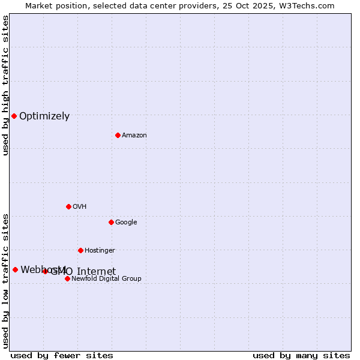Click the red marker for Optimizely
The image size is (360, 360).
point(14,116)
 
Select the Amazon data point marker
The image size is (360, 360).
point(118,135)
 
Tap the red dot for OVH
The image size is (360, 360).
point(68,206)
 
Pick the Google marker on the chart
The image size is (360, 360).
point(111,222)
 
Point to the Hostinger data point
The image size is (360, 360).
point(80,250)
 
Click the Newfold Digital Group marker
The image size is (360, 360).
point(67,278)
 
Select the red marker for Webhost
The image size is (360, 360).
point(15,269)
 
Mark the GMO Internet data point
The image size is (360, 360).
point(45,271)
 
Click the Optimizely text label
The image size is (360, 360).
point(44,116)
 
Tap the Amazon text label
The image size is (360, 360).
point(134,136)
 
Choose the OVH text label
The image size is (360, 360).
point(80,207)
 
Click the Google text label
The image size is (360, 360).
point(126,223)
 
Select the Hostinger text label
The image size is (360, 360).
point(100,251)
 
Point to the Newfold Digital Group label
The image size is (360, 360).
point(106,279)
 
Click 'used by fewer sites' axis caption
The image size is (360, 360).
point(62,355)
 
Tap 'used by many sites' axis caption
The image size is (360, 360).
point(301,355)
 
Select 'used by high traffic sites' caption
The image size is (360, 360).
point(5,85)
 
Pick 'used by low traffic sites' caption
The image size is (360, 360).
point(5,280)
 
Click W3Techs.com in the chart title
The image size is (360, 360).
point(309,5)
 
